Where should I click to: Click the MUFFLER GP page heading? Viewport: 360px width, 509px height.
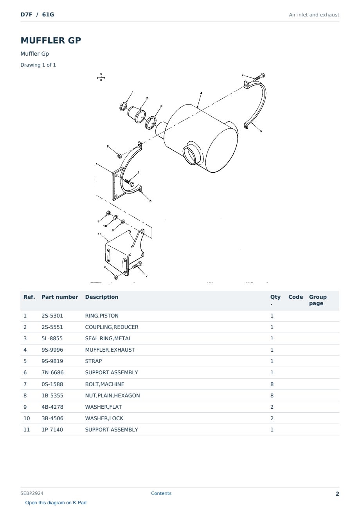click(50, 40)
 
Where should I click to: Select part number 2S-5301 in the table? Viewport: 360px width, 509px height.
click(52, 316)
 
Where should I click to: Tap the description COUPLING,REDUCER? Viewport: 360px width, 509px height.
click(112, 327)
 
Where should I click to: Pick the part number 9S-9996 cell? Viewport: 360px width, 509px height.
click(52, 350)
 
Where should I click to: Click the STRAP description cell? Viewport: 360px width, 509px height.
click(94, 361)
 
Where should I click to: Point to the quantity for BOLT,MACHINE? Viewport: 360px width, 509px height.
click(272, 384)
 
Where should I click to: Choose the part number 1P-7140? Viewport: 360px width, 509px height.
click(52, 430)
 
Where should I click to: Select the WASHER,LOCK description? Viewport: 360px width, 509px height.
click(104, 418)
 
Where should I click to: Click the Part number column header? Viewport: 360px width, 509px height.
click(60, 297)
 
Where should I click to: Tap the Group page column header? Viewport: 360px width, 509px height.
click(318, 300)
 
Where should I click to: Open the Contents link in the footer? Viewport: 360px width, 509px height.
click(161, 493)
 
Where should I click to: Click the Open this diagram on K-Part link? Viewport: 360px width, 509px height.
click(56, 503)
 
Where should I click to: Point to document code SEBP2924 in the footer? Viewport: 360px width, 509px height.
click(32, 493)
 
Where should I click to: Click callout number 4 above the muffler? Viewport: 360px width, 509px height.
click(201, 93)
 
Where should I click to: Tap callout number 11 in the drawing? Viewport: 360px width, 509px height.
click(99, 234)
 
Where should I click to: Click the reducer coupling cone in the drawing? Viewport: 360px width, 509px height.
click(137, 114)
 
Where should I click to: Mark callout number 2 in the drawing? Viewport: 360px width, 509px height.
click(147, 98)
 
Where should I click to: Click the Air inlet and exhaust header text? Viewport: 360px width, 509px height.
click(314, 15)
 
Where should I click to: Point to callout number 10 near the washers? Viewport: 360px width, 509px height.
click(105, 226)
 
